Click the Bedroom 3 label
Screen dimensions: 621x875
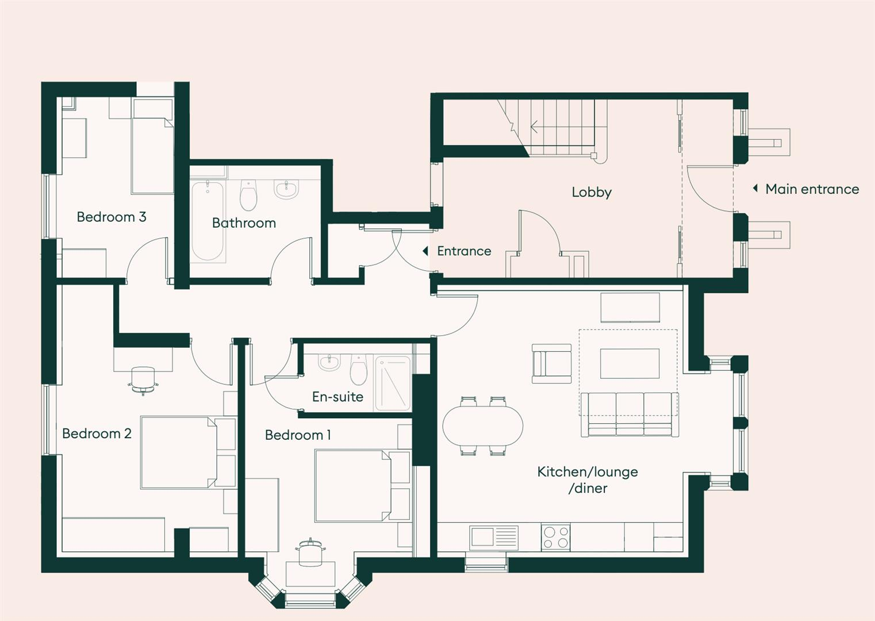click(111, 217)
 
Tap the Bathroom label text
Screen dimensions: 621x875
click(244, 223)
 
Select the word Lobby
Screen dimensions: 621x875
click(591, 192)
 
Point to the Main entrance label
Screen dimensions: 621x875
click(811, 189)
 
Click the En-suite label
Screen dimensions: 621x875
click(337, 397)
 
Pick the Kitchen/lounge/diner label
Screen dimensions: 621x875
click(588, 480)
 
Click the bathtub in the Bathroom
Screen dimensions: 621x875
click(207, 221)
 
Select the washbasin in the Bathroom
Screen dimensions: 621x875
click(286, 189)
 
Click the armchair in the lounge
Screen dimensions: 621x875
click(551, 363)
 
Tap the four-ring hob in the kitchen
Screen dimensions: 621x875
click(555, 537)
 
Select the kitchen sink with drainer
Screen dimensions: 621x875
click(493, 538)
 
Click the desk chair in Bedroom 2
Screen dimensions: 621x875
click(143, 380)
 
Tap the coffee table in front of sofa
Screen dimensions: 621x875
click(629, 363)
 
